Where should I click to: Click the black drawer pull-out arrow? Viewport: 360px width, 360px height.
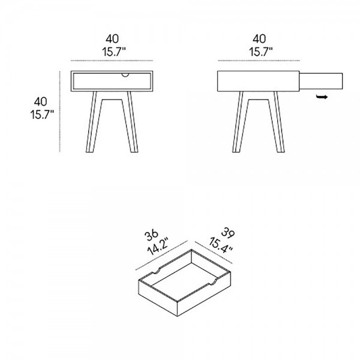tap(322, 97)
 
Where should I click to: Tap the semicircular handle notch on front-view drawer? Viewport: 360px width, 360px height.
tap(125, 75)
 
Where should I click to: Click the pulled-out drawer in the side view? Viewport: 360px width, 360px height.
tap(321, 81)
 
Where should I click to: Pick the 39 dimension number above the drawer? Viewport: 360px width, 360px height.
tap(228, 232)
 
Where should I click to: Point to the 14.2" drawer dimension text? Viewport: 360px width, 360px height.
tap(158, 247)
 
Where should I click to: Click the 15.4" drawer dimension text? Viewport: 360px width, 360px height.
tap(221, 245)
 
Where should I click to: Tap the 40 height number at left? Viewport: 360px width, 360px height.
tap(41, 102)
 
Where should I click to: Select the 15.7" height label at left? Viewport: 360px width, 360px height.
tap(42, 115)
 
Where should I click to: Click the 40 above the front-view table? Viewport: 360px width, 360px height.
tap(112, 39)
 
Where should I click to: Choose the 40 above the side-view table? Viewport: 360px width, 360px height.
tap(259, 39)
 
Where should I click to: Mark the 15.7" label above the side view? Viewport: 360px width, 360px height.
tap(261, 52)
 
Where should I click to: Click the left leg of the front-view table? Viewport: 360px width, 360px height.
tap(94, 122)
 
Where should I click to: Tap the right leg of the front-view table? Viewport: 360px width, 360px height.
tap(130, 122)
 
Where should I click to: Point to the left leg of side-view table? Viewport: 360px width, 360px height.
tap(241, 122)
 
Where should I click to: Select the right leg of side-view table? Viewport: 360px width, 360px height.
tap(277, 122)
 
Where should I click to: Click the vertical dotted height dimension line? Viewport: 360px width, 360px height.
tap(60, 112)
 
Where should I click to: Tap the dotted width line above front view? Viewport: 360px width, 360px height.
tap(112, 61)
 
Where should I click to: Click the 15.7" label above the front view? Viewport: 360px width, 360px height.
tap(114, 52)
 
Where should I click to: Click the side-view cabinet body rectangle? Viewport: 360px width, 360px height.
tap(258, 81)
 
